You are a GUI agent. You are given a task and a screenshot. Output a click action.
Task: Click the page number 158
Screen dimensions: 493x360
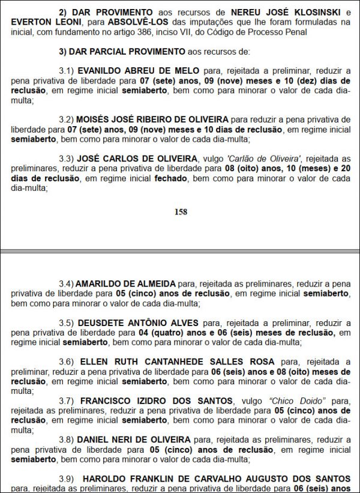(181, 211)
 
